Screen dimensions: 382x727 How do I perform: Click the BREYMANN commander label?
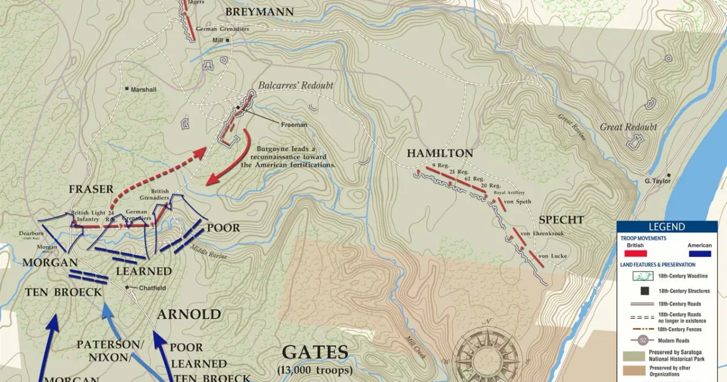point(259,12)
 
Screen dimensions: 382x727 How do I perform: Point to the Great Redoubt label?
point(628,127)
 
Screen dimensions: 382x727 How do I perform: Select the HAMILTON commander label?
point(439,153)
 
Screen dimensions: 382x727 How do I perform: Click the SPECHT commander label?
point(561,219)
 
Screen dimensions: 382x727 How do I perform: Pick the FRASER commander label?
point(91,189)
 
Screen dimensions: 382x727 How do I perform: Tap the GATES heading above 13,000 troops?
point(315,352)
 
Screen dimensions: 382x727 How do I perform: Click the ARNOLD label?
point(189,314)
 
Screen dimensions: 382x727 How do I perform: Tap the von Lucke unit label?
point(552,256)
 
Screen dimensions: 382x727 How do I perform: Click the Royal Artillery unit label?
point(507,193)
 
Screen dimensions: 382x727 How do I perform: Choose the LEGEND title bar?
point(666,227)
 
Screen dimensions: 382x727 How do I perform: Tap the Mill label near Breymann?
point(217,40)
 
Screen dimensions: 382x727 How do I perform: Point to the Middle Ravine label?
point(209,252)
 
